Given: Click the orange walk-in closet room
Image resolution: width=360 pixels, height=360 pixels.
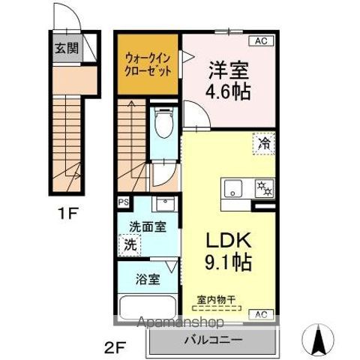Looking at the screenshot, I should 148,63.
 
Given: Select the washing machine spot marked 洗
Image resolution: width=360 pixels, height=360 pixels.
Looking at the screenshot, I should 130,244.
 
